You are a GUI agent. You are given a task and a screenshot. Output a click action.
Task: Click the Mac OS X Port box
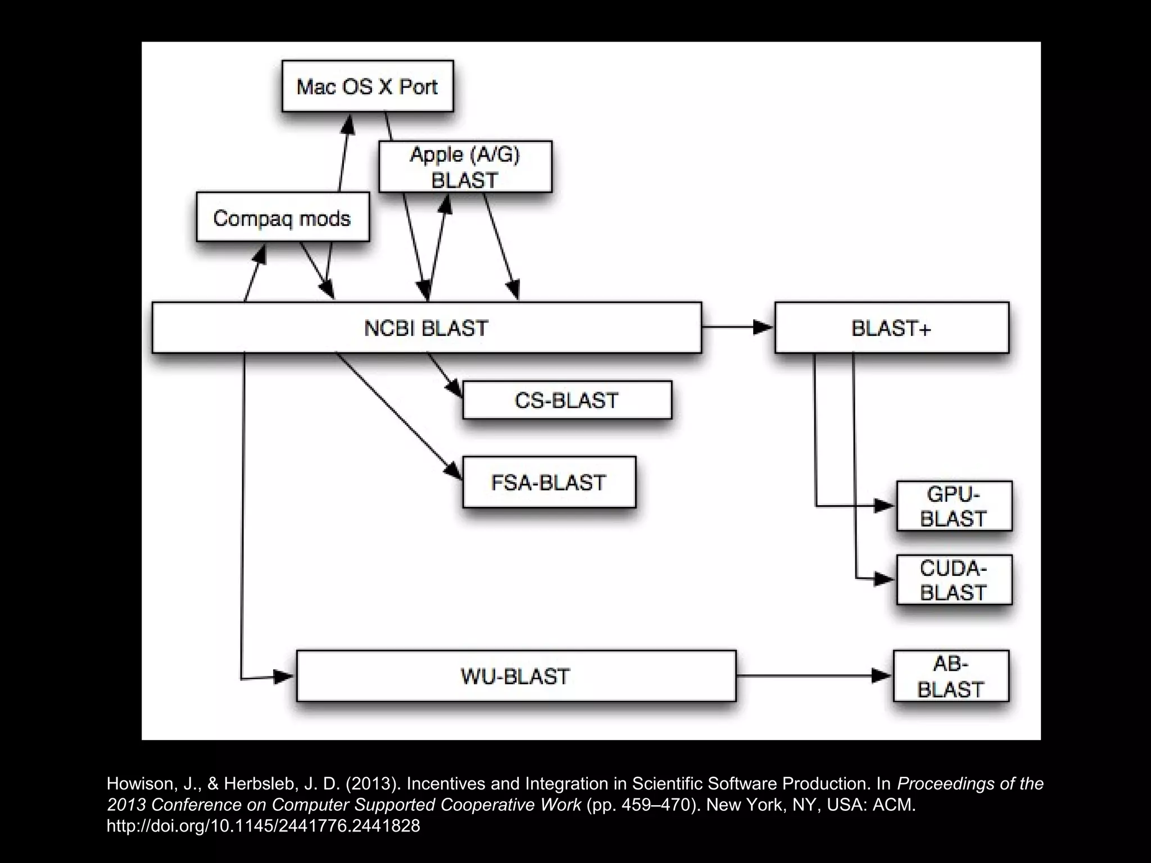pyautogui.click(x=367, y=86)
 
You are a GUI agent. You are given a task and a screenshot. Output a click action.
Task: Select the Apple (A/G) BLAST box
pyautogui.click(x=465, y=167)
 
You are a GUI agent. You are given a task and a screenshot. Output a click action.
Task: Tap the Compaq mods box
pyautogui.click(x=282, y=217)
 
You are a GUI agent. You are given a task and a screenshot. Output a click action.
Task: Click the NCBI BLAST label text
pyautogui.click(x=426, y=328)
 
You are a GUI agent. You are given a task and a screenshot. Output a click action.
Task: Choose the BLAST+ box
pyautogui.click(x=891, y=328)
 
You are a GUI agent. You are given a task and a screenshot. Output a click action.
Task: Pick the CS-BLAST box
pyautogui.click(x=567, y=400)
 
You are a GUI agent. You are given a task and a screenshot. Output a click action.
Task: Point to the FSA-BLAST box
pyautogui.click(x=549, y=482)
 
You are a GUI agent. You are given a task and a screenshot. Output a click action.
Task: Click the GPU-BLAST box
pyautogui.click(x=954, y=506)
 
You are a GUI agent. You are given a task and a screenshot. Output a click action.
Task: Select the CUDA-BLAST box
pyautogui.click(x=954, y=580)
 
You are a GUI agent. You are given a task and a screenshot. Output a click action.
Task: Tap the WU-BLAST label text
pyautogui.click(x=515, y=676)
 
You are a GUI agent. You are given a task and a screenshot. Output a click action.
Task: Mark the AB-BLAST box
pyautogui.click(x=950, y=676)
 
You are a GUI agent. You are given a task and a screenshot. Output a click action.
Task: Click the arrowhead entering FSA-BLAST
pyautogui.click(x=454, y=471)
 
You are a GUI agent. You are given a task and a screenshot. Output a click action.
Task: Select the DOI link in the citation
pyautogui.click(x=263, y=826)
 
